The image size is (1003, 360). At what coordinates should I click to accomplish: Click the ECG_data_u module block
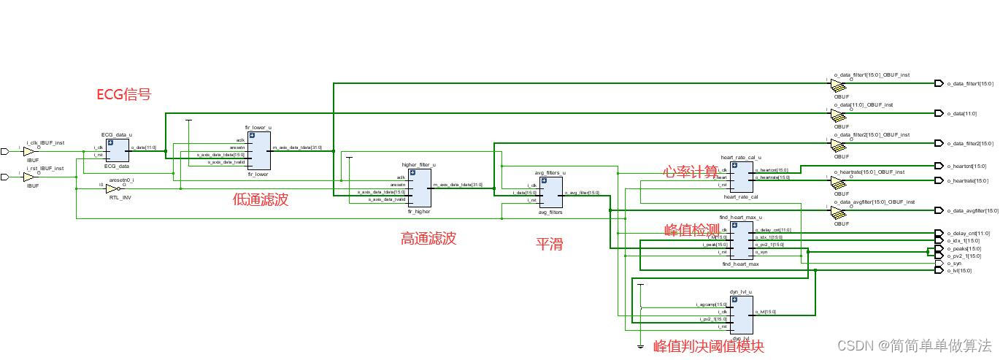pos(118,150)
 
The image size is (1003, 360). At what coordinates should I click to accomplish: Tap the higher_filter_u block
pos(419,188)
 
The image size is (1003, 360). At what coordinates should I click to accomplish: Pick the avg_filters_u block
pos(550,192)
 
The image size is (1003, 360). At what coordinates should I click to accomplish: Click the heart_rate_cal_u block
pos(741,177)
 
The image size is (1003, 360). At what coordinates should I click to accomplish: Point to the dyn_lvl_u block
pos(741,315)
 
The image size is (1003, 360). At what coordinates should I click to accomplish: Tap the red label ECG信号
pos(123,94)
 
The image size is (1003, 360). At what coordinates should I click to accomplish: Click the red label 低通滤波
pos(261,199)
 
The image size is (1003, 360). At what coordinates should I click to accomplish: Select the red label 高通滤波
pos(428,238)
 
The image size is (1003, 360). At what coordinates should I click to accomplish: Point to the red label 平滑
pos(550,244)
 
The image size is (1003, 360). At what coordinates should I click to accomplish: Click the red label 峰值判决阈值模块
pos(708,346)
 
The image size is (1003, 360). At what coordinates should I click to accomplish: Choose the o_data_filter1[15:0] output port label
pos(970,84)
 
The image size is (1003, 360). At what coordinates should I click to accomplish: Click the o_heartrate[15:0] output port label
pos(967,181)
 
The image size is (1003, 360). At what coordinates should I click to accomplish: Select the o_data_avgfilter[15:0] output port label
pos(972,211)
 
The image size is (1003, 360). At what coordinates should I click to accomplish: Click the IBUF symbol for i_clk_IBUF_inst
pos(29,152)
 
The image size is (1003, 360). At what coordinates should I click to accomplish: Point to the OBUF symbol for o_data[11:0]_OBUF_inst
pos(838,115)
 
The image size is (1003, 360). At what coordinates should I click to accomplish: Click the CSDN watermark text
pos(914,345)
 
